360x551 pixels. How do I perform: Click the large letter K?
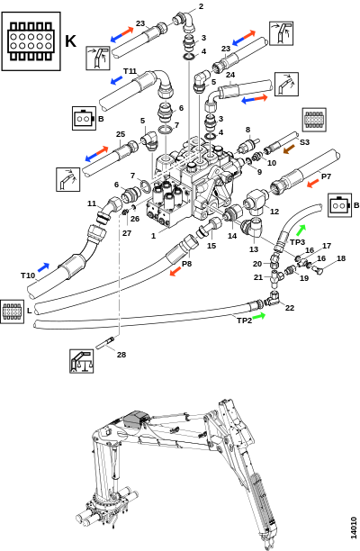coord(70,41)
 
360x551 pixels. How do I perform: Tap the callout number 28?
coord(121,355)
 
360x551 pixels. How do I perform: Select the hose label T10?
coord(28,275)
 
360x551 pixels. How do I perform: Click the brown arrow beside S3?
coord(290,149)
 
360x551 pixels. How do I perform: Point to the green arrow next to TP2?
coord(259,315)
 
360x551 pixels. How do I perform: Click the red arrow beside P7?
coord(312,184)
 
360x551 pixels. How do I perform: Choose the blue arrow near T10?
coord(43,267)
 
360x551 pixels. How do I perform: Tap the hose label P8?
coord(186,264)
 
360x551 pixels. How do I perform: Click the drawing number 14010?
coord(354,527)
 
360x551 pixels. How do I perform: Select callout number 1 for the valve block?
coord(153,236)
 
